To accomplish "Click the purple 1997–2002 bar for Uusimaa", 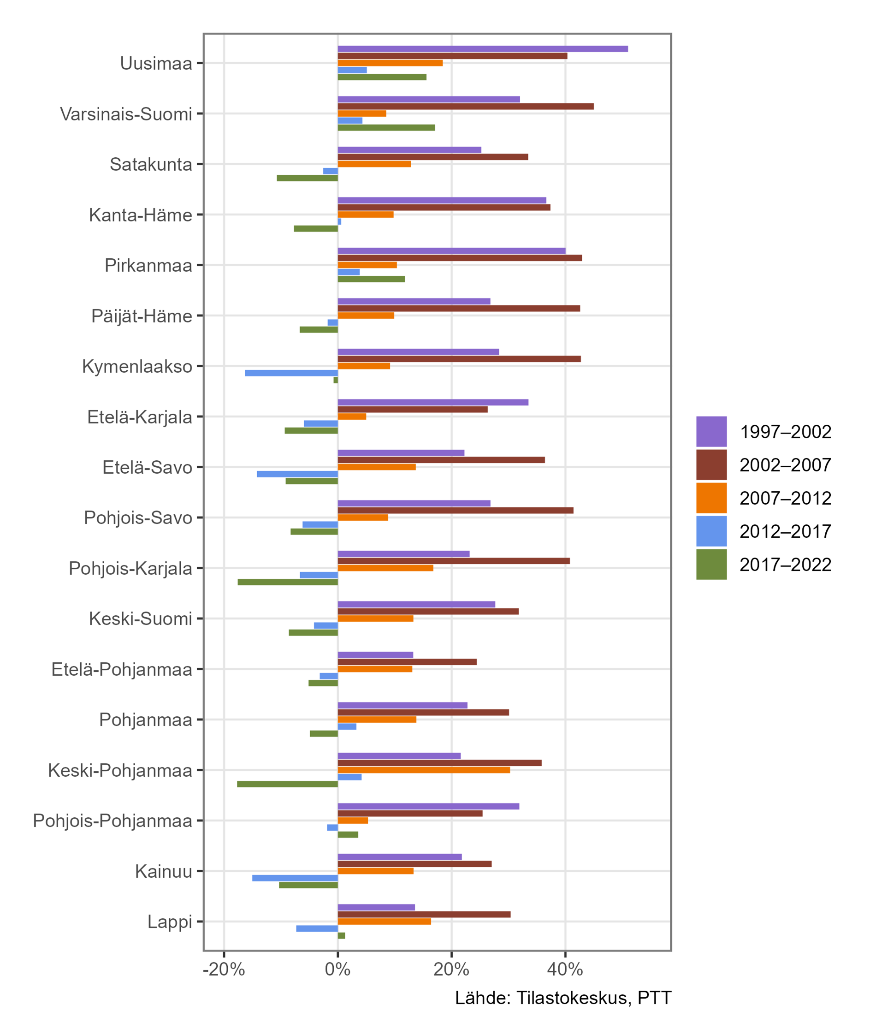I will pos(482,49).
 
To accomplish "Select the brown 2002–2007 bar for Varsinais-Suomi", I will pos(466,107).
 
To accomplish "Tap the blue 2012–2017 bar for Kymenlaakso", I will pos(291,373).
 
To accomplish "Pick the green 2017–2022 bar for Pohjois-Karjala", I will pos(288,582).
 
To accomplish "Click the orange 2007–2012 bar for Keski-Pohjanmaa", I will pos(424,770).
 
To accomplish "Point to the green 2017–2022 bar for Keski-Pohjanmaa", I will pos(287,784).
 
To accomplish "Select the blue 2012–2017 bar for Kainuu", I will pos(295,878).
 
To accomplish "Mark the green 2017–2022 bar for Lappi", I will pos(341,935).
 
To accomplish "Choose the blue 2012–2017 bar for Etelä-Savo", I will pos(297,474).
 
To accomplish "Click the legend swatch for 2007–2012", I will pos(711,498).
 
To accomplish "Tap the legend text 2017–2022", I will pos(785,565).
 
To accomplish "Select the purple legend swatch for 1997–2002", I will pos(711,432).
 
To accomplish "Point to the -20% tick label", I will pos(224,970).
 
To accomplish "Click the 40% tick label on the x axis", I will pos(565,970).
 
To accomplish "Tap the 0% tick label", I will pos(337,970).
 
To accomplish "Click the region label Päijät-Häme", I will pos(142,316).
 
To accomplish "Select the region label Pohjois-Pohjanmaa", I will pos(112,821).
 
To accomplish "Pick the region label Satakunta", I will pos(150,164).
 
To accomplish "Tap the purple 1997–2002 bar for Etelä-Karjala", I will pos(432,403).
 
